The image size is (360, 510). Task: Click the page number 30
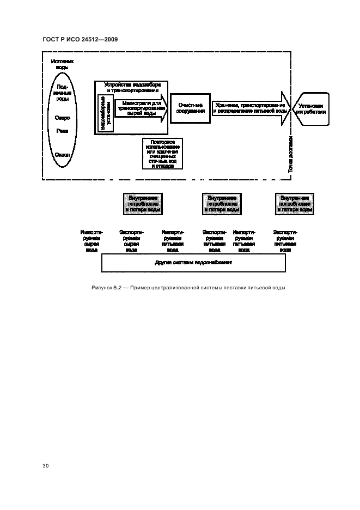click(x=46, y=466)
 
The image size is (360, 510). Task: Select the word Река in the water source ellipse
click(x=62, y=131)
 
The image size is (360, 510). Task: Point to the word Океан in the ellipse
click(x=62, y=155)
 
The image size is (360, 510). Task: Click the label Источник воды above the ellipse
click(x=62, y=65)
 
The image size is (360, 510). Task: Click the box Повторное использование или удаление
click(x=162, y=154)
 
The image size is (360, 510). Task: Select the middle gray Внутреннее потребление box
click(x=222, y=203)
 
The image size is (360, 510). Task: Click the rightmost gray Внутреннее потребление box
click(x=295, y=203)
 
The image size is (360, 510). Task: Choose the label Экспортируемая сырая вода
click(x=131, y=240)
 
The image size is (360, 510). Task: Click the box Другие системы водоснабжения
click(x=194, y=263)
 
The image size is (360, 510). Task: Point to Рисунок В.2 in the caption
click(x=109, y=288)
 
